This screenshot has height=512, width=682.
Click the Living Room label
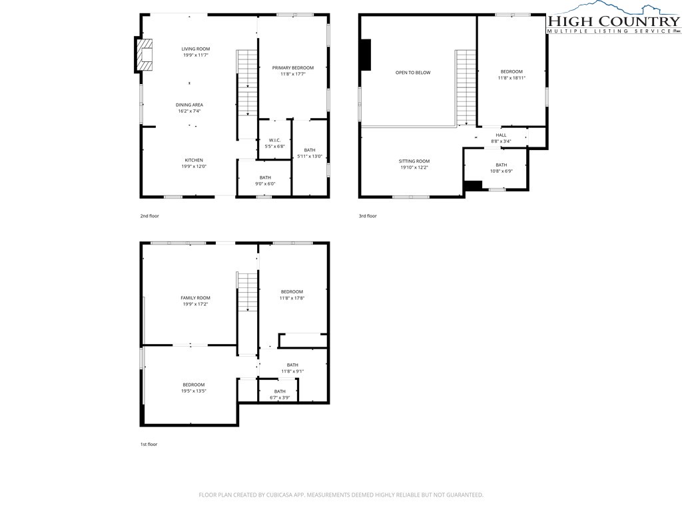click(196, 49)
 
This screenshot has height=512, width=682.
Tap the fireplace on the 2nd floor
click(145, 55)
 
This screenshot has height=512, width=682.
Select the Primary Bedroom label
click(293, 68)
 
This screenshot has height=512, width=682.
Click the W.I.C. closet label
click(274, 140)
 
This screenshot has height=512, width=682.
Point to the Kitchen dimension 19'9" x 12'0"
click(194, 166)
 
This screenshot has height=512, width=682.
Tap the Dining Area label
click(189, 105)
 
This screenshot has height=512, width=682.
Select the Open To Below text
click(413, 73)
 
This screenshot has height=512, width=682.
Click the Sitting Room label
click(414, 161)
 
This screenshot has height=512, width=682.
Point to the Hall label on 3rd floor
click(501, 135)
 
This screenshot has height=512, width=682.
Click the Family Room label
click(195, 298)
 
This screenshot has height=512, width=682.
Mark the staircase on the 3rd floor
click(466, 87)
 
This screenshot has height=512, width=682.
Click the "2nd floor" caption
click(150, 216)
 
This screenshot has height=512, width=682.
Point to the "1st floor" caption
click(149, 445)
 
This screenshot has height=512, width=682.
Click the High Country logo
click(613, 18)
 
